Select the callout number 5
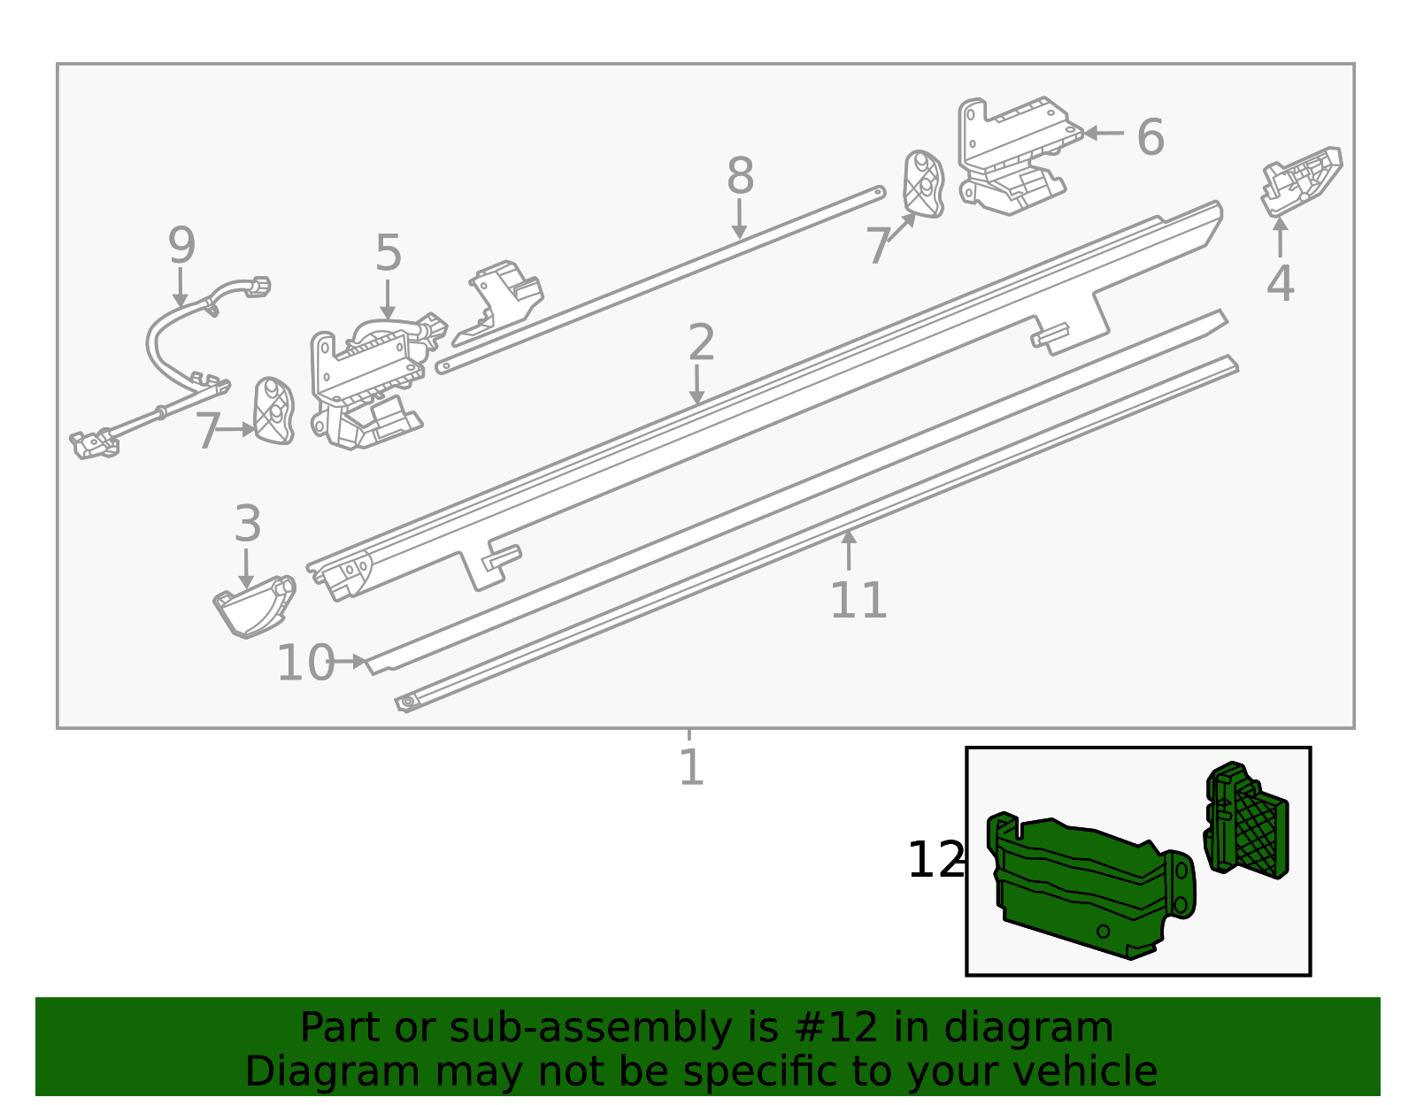point(389,254)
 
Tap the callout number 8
point(740,176)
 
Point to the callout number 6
point(1150,138)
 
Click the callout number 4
point(1280,284)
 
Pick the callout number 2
point(701,342)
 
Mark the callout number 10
point(305,663)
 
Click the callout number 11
point(858,601)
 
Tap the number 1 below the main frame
point(691,767)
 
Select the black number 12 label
point(935,860)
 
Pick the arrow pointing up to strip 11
point(849,549)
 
